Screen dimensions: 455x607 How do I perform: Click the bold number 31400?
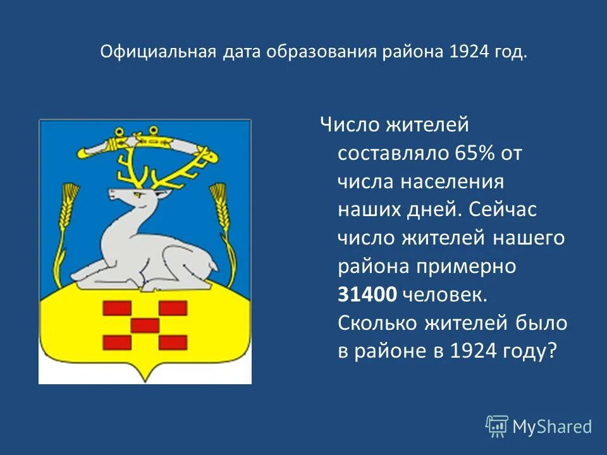click(367, 294)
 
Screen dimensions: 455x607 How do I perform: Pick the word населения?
click(455, 182)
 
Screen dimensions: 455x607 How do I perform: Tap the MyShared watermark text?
click(552, 427)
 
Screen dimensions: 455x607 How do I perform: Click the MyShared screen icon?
click(497, 427)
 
